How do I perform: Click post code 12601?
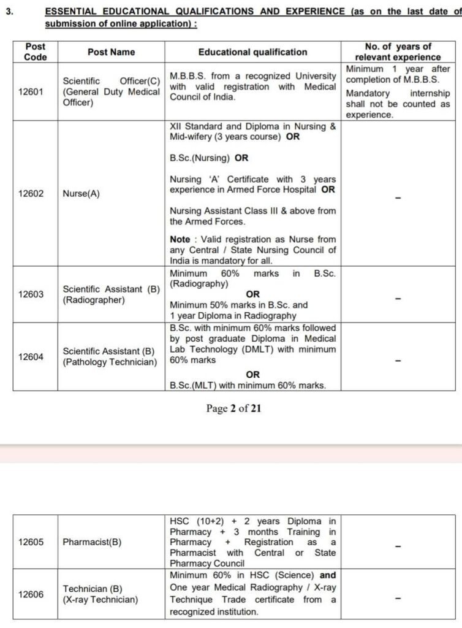[31, 91]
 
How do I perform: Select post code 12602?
[31, 194]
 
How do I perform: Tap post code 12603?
[31, 294]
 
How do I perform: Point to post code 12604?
[31, 356]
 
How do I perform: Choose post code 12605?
[31, 542]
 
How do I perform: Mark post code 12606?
[31, 594]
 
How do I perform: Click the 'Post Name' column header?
[111, 52]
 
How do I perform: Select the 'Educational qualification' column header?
[252, 52]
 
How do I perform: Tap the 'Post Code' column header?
[35, 52]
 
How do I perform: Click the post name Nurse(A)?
[81, 194]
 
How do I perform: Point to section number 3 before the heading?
[8, 12]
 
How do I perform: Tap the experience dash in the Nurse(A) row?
[398, 198]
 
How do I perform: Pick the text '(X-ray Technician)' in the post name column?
[100, 600]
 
